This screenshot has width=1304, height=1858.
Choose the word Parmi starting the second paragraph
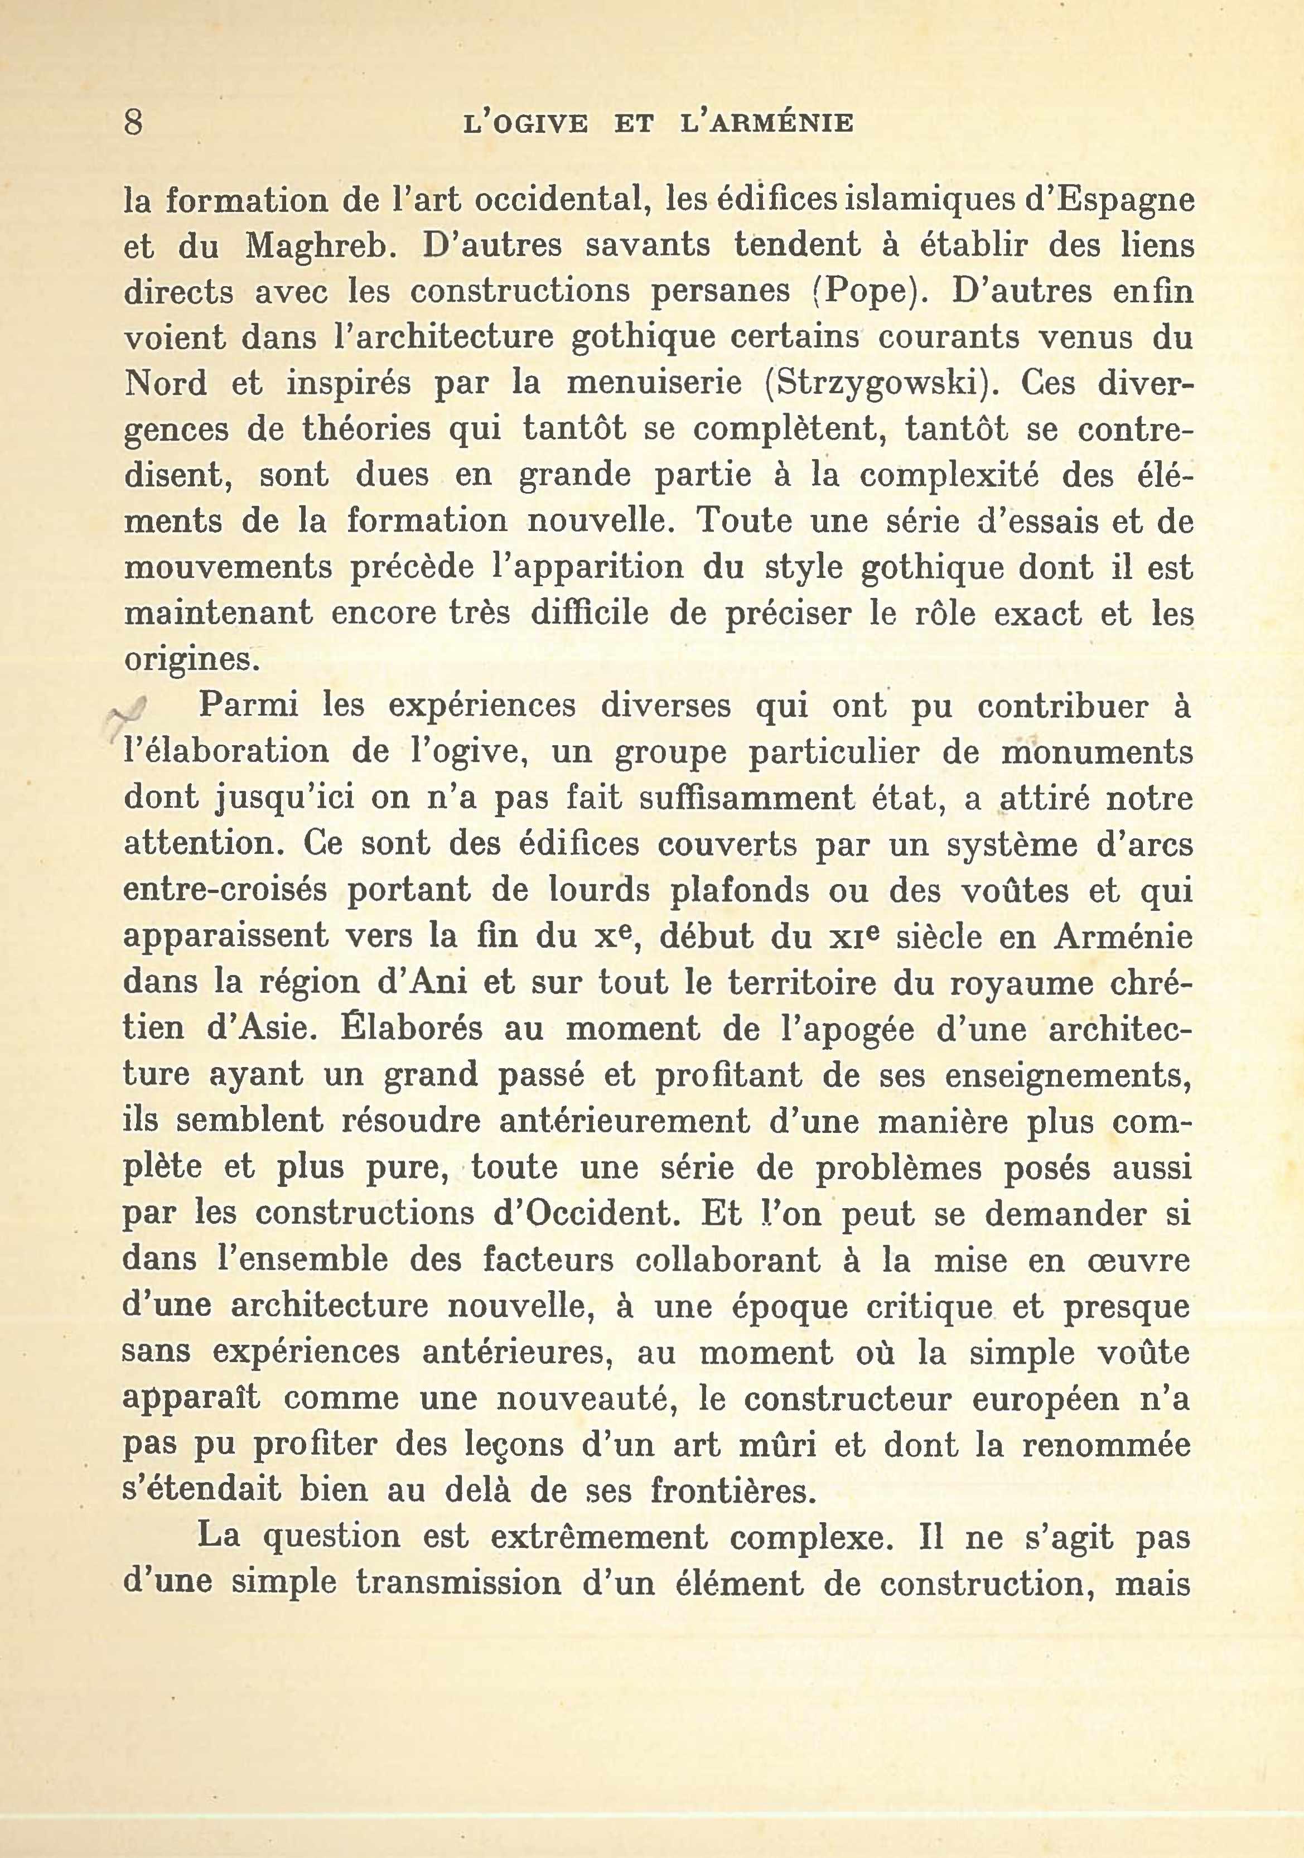click(x=248, y=706)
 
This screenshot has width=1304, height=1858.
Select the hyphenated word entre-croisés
click(x=224, y=890)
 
